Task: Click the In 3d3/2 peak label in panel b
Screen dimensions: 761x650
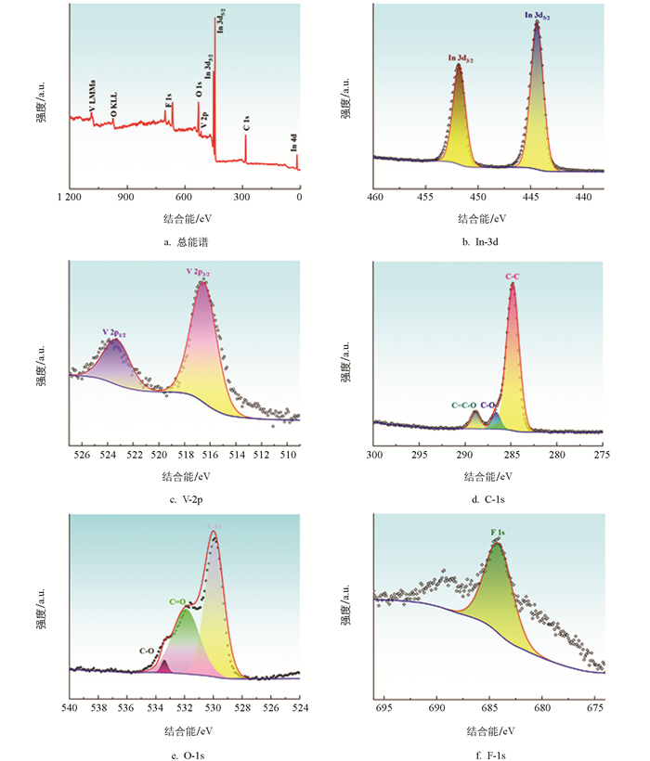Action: (461, 59)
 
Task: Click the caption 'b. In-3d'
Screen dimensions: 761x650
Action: (487, 243)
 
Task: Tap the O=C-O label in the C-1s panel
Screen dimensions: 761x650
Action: (463, 405)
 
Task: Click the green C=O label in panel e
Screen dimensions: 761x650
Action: (179, 601)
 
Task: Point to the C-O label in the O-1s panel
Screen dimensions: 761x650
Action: (147, 651)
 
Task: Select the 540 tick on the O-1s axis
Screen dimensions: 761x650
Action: (70, 708)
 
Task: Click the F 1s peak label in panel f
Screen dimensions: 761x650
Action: (497, 533)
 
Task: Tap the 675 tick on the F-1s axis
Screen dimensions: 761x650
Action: (594, 708)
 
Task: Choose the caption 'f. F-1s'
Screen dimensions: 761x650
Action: (487, 755)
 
